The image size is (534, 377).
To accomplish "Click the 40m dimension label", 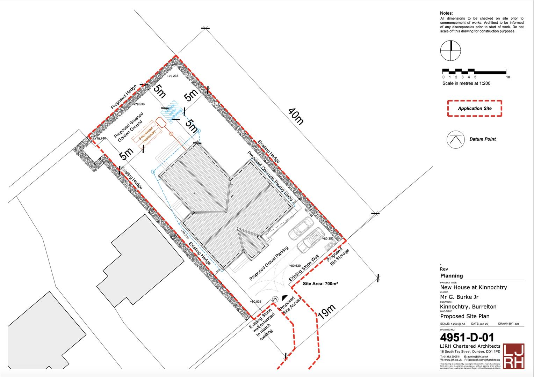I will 296,116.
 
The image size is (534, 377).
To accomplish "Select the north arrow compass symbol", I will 450,51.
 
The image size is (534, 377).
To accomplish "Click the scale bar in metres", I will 474,72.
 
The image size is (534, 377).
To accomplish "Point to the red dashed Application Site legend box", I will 475,108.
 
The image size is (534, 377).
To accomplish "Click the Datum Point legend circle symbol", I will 455,139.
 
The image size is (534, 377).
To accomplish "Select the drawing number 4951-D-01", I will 467,337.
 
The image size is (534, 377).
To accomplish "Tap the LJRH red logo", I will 513,356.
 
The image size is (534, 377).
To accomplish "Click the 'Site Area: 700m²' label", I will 320,284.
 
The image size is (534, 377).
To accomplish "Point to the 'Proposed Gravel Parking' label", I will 269,263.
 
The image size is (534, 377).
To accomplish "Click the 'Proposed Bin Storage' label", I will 338,258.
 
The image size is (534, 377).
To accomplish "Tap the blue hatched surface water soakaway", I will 173,112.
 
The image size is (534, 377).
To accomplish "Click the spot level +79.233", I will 172,76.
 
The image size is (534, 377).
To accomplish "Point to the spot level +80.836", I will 255,302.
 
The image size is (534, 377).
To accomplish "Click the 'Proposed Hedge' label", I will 124,97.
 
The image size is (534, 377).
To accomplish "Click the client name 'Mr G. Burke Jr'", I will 459,297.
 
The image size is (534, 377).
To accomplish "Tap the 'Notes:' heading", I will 446,13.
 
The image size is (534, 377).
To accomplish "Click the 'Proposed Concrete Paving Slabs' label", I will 270,176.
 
